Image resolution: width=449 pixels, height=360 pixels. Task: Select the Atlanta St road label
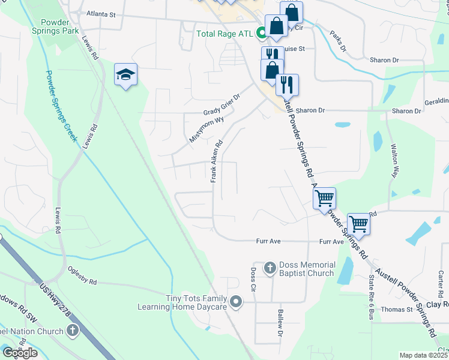(100, 13)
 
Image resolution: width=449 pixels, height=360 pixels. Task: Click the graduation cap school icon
(125, 74)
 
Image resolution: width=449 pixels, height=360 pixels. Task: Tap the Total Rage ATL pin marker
(261, 34)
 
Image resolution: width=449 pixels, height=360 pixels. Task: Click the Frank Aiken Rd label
(217, 161)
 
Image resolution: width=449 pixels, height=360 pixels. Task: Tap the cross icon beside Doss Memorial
(270, 268)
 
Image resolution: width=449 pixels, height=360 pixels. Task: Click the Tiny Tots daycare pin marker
(236, 302)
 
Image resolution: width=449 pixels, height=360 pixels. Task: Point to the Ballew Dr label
(280, 321)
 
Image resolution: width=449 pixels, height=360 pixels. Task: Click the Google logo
(19, 352)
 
